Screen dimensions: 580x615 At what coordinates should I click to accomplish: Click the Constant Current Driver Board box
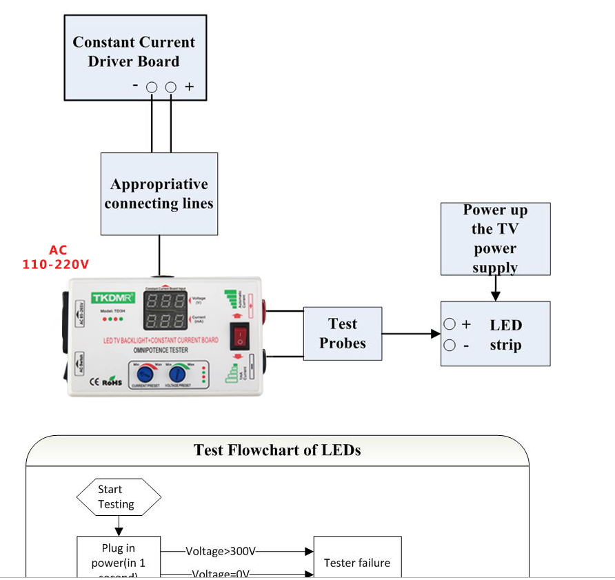coord(135,57)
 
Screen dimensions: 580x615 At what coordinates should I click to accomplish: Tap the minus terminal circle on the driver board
coord(152,87)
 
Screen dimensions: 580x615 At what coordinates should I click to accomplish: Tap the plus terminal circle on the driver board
coord(171,87)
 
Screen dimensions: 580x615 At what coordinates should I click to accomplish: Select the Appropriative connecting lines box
coord(159,194)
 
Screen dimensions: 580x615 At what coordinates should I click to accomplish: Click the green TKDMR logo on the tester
coord(112,297)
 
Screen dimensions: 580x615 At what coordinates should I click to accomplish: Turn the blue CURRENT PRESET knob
coord(145,374)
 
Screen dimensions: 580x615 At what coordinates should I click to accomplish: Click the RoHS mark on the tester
coord(112,381)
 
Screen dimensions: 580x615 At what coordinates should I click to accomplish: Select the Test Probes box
coord(343,334)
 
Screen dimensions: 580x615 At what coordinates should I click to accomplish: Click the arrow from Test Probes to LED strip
coord(411,334)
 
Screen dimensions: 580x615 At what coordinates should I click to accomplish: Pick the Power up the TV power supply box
coord(495,239)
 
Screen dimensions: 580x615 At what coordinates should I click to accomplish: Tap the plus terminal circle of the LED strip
coord(450,324)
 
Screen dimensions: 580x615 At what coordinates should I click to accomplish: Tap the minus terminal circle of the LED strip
coord(450,346)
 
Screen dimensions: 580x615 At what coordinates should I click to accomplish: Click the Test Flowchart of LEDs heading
coord(277,450)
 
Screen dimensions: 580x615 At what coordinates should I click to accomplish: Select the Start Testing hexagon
coord(119,497)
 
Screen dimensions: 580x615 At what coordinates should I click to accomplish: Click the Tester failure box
coord(357,563)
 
